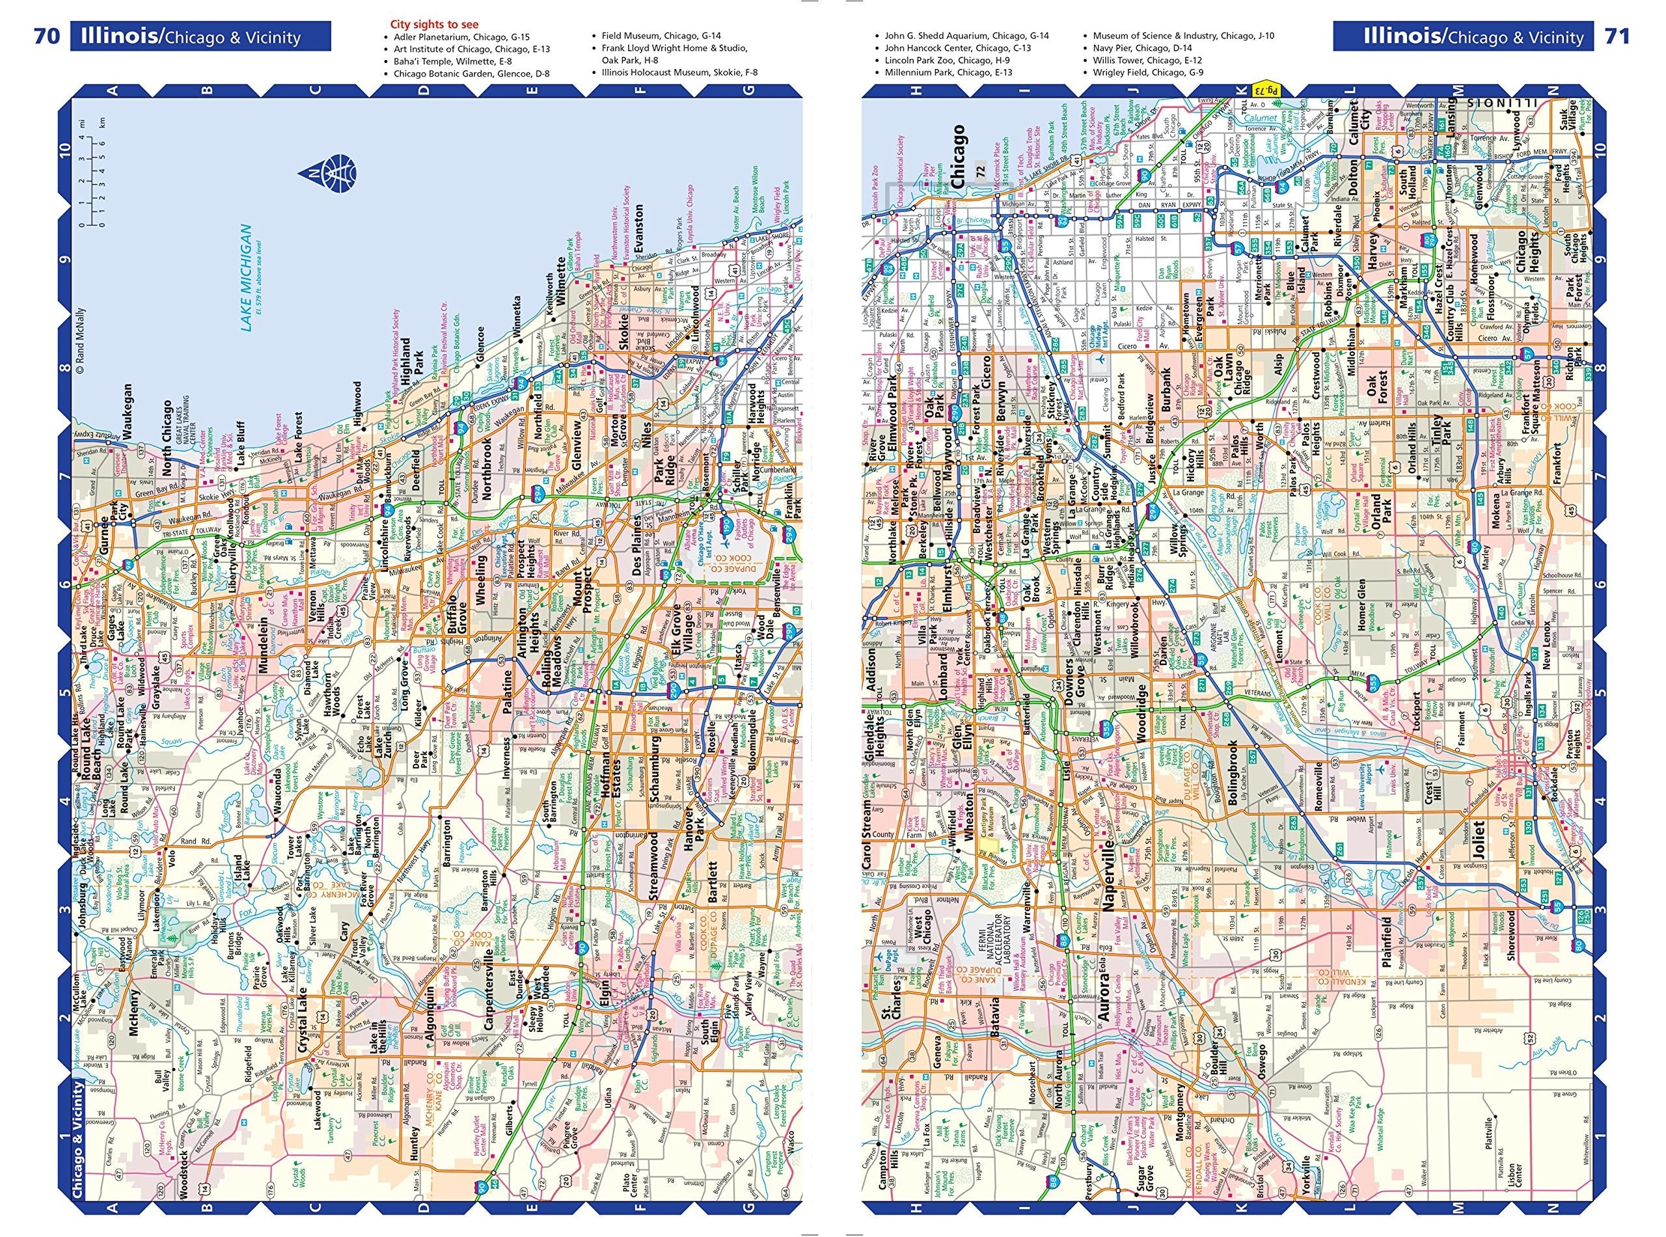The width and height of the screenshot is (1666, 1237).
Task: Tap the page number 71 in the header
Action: (1617, 35)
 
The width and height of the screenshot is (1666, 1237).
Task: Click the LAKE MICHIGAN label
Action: (245, 278)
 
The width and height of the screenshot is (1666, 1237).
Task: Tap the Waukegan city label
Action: (128, 416)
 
